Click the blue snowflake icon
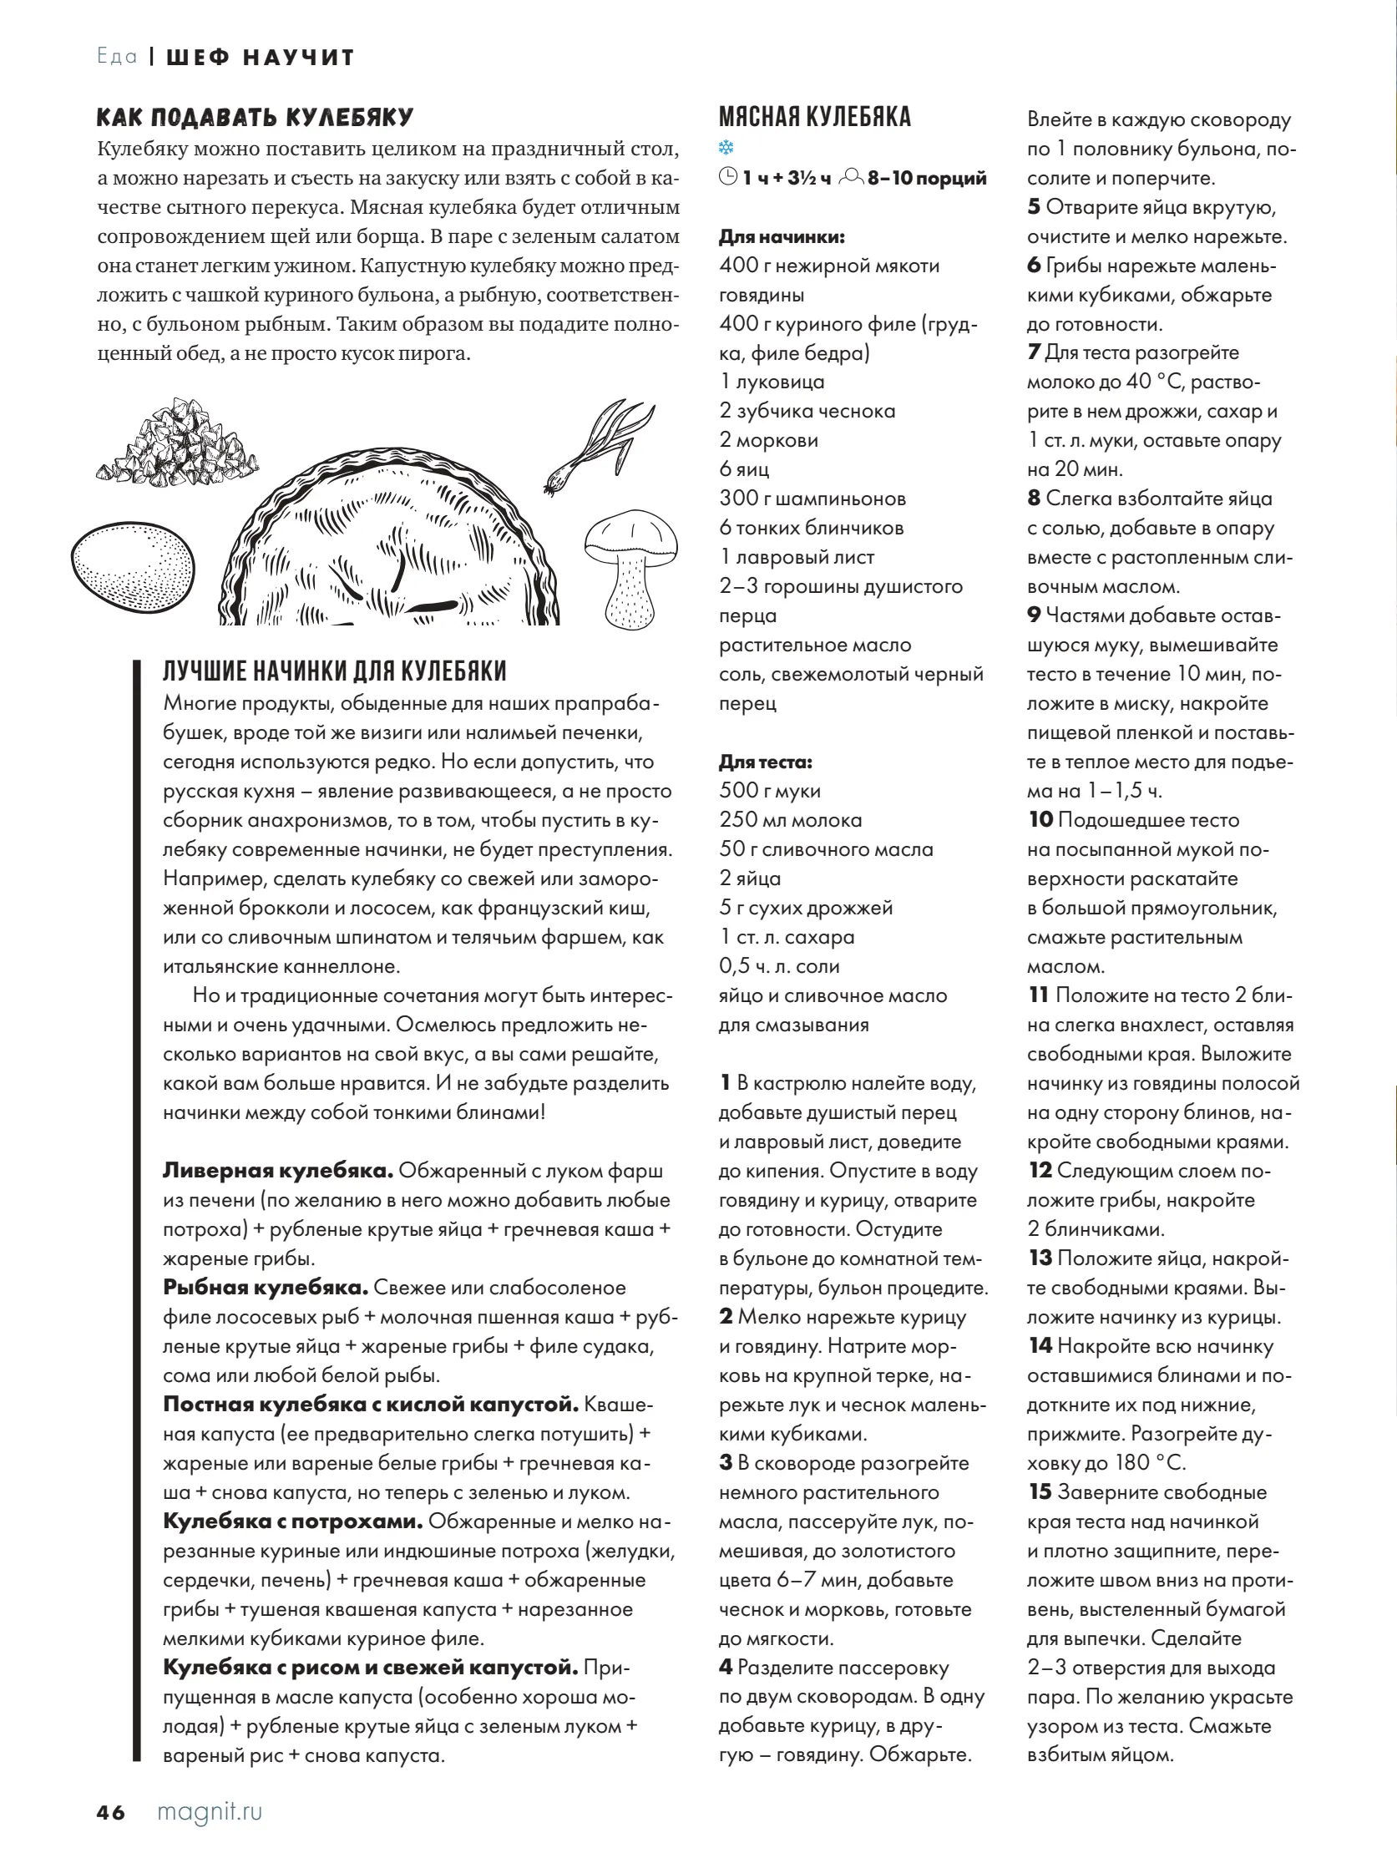(726, 149)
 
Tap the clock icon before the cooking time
(728, 177)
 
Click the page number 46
(111, 1812)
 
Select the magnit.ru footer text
(210, 1811)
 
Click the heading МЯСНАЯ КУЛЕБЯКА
(815, 117)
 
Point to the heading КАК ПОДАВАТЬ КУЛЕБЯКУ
(256, 118)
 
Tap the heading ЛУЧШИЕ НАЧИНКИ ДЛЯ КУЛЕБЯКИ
(334, 671)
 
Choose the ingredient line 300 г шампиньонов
(812, 498)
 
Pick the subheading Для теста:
(765, 762)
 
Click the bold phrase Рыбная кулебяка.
(266, 1288)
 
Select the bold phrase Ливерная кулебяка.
(278, 1171)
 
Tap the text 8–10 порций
(928, 178)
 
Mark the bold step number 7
(1033, 352)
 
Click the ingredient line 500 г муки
(771, 791)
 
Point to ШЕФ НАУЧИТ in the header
(261, 57)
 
